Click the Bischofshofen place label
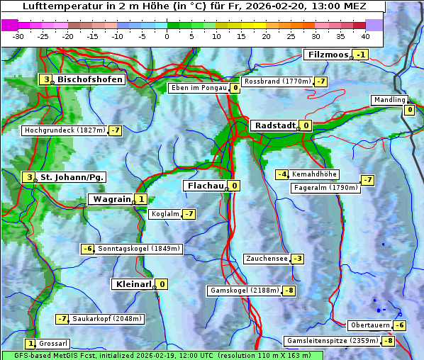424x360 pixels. (x=90, y=79)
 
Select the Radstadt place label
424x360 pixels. (x=275, y=125)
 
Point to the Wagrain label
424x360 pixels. (x=111, y=200)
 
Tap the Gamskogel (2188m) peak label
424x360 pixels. (x=244, y=291)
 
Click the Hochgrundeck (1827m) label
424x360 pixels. (x=64, y=130)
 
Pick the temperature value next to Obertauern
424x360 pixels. (x=401, y=325)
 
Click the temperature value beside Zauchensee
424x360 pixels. (x=298, y=259)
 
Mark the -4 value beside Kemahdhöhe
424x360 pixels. (x=282, y=174)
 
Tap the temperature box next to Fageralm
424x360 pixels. (x=367, y=180)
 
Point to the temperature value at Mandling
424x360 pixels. (x=409, y=110)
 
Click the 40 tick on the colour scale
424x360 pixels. (x=365, y=36)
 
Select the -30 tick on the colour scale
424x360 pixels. (x=18, y=36)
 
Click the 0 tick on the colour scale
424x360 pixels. (x=167, y=36)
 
